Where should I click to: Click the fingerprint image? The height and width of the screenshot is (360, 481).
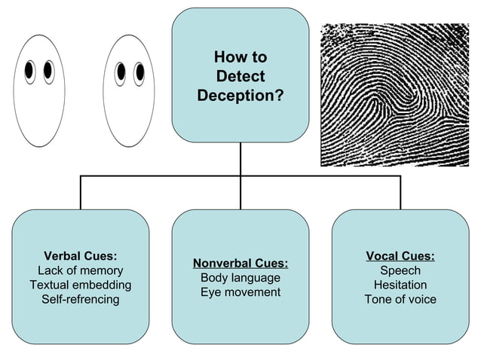pyautogui.click(x=394, y=94)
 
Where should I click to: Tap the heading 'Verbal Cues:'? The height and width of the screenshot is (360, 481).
pyautogui.click(x=81, y=256)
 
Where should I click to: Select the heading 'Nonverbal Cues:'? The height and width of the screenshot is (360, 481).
pyautogui.click(x=240, y=263)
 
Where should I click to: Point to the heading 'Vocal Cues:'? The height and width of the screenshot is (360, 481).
pyautogui.click(x=400, y=256)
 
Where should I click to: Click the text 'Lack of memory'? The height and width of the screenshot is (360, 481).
pyautogui.click(x=81, y=270)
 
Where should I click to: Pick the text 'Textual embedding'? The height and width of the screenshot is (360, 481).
pyautogui.click(x=81, y=285)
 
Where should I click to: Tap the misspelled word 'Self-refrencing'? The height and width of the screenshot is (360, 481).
pyautogui.click(x=81, y=299)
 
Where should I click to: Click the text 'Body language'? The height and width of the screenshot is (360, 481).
pyautogui.click(x=240, y=277)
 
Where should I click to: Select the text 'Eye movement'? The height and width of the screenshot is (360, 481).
pyautogui.click(x=240, y=291)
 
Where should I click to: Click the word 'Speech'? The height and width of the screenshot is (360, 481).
pyautogui.click(x=400, y=270)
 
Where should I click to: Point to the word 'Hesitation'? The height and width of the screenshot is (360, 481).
pyautogui.click(x=400, y=285)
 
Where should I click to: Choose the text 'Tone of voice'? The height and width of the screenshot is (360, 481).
pyautogui.click(x=400, y=299)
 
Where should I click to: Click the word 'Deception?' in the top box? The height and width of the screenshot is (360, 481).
pyautogui.click(x=240, y=96)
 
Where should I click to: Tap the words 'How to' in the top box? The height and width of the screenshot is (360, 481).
pyautogui.click(x=240, y=57)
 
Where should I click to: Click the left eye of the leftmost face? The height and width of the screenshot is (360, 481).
pyautogui.click(x=30, y=72)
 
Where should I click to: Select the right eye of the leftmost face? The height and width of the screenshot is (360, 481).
pyautogui.click(x=48, y=71)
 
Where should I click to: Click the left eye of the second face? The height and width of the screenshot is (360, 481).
pyautogui.click(x=121, y=72)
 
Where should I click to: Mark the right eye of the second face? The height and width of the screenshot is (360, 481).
pyautogui.click(x=139, y=72)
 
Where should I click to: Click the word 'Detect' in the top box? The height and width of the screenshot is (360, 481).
pyautogui.click(x=240, y=76)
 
